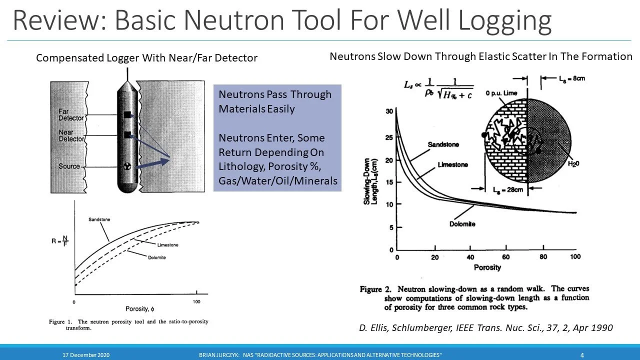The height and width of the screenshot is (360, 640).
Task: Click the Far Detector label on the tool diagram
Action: (70, 114)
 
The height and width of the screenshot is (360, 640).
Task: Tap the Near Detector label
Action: (70, 135)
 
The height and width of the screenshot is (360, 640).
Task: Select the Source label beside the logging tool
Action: (69, 166)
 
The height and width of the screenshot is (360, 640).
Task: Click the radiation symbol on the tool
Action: (127, 168)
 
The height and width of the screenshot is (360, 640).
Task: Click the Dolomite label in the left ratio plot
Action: (156, 257)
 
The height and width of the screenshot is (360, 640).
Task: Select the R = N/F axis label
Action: (59, 241)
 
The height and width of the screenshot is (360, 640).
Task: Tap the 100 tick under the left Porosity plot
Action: (196, 302)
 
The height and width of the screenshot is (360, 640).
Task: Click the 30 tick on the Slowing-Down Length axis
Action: (389, 111)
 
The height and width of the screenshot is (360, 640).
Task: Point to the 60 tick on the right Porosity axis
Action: (505, 257)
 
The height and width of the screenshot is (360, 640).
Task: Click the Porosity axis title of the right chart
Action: (487, 267)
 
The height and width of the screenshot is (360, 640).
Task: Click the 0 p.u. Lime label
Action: (501, 93)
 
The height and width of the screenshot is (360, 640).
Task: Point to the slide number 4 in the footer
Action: (582, 355)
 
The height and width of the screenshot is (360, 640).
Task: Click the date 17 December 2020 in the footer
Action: (86, 355)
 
